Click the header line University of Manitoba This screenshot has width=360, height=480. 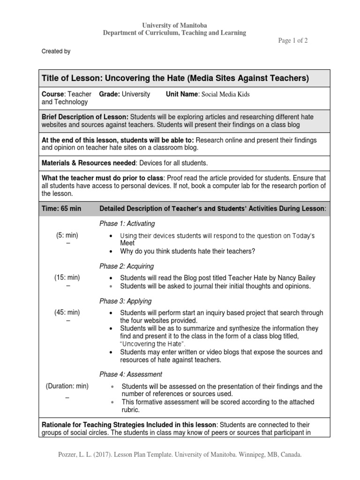174,24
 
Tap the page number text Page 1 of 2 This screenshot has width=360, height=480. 293,41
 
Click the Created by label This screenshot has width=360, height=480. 56,52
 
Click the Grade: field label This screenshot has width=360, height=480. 110,94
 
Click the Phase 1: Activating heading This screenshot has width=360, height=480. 127,224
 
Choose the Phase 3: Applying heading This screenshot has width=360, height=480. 125,301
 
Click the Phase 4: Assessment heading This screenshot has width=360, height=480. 131,375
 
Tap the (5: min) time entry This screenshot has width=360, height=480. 67,235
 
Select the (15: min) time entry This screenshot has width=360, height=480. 67,277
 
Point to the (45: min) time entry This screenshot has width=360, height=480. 67,312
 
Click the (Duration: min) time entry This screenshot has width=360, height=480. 67,386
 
